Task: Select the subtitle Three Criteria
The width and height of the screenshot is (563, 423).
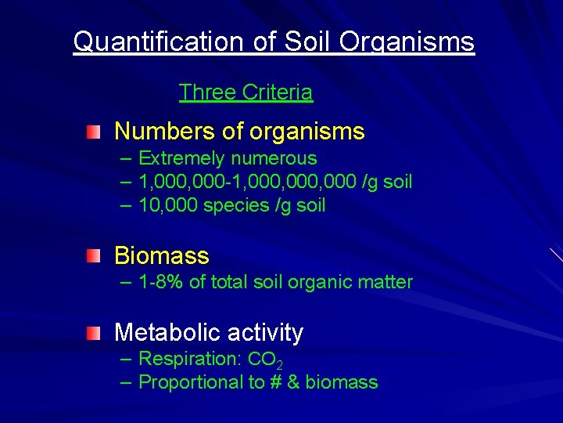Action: (x=246, y=92)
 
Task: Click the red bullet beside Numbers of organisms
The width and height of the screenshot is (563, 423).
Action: (x=94, y=131)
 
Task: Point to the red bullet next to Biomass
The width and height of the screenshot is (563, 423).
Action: (x=94, y=255)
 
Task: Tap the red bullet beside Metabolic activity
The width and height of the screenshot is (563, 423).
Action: (x=94, y=332)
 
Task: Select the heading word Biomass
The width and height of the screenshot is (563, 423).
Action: (x=162, y=255)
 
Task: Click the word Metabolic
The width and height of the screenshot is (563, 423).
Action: (x=163, y=332)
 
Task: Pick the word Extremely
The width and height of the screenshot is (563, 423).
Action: (x=180, y=159)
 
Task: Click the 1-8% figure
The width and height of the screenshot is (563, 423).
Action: (x=161, y=282)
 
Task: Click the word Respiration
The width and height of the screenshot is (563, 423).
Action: (x=190, y=360)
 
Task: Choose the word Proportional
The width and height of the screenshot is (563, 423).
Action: (x=191, y=382)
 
